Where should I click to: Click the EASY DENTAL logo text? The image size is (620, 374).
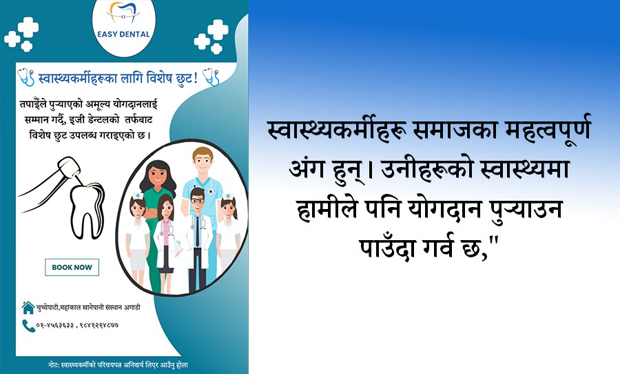tap(123, 35)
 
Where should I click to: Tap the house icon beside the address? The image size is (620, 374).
tap(28, 308)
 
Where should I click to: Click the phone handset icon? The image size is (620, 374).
tap(28, 326)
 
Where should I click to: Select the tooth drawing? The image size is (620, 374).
tap(87, 210)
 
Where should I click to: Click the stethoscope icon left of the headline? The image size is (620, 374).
tap(26, 77)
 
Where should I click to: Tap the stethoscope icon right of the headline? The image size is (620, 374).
tap(211, 77)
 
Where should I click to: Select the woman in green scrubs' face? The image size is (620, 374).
tap(158, 175)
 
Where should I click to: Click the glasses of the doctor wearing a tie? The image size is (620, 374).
tap(197, 201)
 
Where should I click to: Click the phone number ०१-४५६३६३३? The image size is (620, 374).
tap(55, 326)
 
